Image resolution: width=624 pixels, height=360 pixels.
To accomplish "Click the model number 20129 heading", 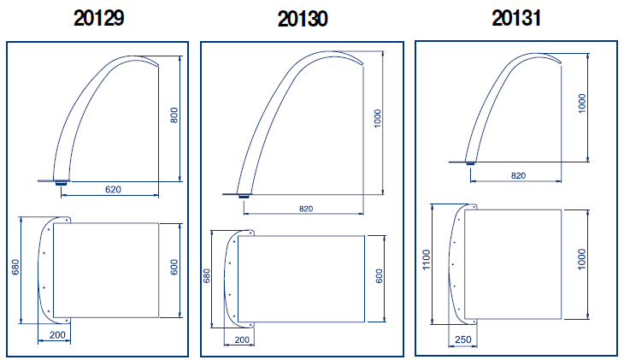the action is tap(98, 18).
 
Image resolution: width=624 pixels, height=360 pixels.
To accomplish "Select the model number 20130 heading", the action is tap(303, 19).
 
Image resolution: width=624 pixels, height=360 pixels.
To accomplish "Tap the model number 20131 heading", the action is tap(516, 18).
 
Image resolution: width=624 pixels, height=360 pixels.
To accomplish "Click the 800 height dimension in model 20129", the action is tap(174, 115).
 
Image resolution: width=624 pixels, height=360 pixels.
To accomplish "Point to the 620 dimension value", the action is tap(113, 190).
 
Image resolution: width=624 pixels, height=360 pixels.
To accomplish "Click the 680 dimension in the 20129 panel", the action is tap(15, 267).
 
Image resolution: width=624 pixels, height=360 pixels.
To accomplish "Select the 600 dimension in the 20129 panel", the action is tap(174, 267).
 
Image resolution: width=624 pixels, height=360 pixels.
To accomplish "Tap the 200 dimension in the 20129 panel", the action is tap(57, 335).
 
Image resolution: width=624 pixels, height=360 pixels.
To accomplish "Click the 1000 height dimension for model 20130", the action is tap(378, 118).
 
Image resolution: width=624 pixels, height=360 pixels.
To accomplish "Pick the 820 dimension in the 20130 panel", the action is tap(306, 209).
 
